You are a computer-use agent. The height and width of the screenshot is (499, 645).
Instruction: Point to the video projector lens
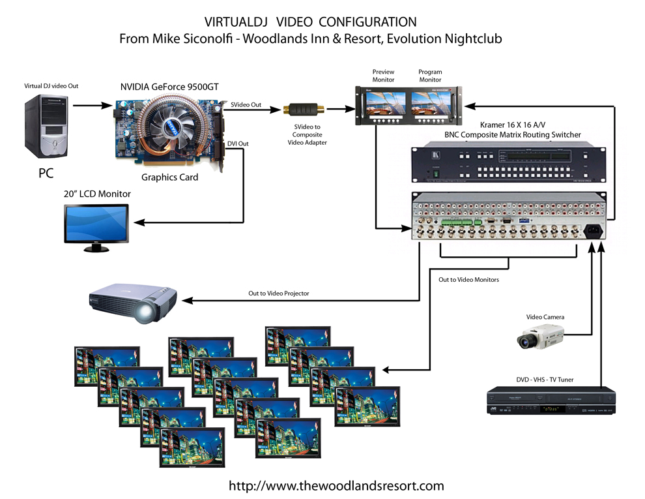[145, 314]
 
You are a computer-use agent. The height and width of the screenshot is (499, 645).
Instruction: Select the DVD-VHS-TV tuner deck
[551, 401]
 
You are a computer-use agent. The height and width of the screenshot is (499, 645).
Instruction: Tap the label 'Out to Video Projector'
[278, 294]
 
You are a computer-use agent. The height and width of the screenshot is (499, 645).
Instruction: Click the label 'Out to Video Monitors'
[468, 279]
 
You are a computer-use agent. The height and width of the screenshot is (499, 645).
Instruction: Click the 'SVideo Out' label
[246, 104]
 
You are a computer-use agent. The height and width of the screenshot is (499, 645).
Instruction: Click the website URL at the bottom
[336, 485]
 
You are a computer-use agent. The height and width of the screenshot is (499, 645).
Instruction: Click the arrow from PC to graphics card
[91, 104]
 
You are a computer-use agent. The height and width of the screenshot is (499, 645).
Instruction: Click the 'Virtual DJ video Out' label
[51, 85]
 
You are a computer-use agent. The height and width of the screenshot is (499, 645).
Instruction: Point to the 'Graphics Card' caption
[169, 177]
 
